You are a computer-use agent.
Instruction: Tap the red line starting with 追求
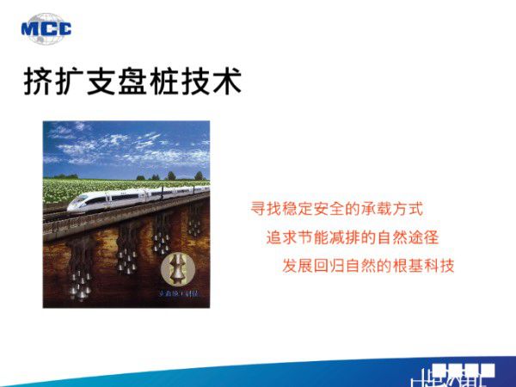pyautogui.click(x=358, y=236)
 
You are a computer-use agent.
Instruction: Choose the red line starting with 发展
pyautogui.click(x=367, y=265)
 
